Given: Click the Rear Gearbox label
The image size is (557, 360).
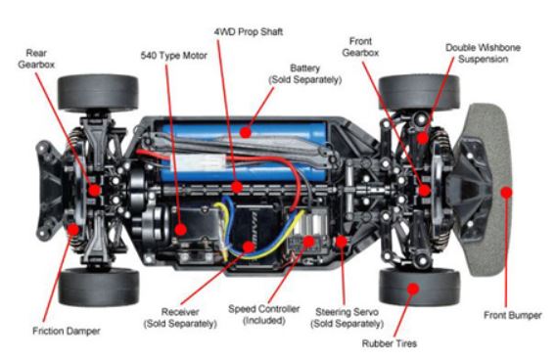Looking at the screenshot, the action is coord(36,59).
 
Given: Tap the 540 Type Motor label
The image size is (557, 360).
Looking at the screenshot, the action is coord(173,56).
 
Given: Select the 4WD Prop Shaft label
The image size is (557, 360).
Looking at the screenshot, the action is coord(249,31).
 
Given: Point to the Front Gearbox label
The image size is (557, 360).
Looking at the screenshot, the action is coord(360,47).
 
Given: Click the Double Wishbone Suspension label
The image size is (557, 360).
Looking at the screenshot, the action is coord(484,53).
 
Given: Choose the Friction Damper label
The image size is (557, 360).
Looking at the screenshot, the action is coord(67,331).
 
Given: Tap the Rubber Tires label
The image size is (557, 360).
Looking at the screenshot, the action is coord(390,343).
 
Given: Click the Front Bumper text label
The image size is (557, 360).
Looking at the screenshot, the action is coord(513,315).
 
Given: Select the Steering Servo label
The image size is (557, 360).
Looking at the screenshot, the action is coord(348,318).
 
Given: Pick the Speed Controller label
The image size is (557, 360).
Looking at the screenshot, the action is coord(264,315).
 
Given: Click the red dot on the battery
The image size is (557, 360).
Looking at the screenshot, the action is coord(245,132).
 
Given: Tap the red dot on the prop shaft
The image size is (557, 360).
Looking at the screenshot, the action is coord(237,187).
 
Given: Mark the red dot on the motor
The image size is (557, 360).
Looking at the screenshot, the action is coord(180,229).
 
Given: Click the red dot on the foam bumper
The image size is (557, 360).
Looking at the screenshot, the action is coord(506,192).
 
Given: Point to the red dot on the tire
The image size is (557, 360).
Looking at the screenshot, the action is coord(413,289).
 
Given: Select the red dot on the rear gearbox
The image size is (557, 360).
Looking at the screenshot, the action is coord(95,191).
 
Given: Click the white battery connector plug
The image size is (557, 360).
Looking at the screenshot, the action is coord(198,162).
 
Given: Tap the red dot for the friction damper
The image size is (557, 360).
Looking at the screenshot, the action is coord(73,229).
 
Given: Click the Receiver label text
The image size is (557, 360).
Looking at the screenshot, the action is coord(180,312).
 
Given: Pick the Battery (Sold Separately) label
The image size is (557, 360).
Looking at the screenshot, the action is coord(305,73).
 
